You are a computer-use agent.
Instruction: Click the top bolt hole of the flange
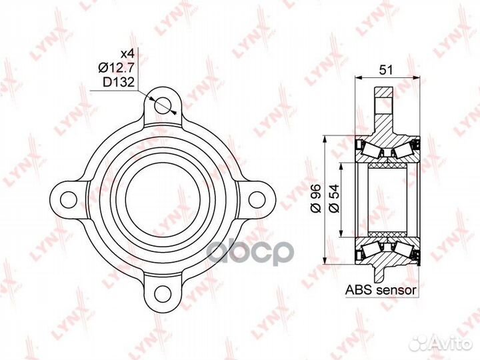pos(163,105)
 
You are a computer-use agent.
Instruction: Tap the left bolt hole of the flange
pos(68,200)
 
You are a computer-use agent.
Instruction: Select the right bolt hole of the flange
pos(257,200)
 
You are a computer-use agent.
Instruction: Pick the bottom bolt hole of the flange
pos(163,294)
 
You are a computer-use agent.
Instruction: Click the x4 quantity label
pos(127,54)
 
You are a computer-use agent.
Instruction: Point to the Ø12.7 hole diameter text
pos(116,67)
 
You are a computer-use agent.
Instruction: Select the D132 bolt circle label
pos(119,82)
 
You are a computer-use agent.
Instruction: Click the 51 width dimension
pos(386,70)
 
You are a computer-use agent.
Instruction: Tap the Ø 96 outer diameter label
pos(315,199)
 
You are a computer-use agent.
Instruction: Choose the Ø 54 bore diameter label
pos(334,199)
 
